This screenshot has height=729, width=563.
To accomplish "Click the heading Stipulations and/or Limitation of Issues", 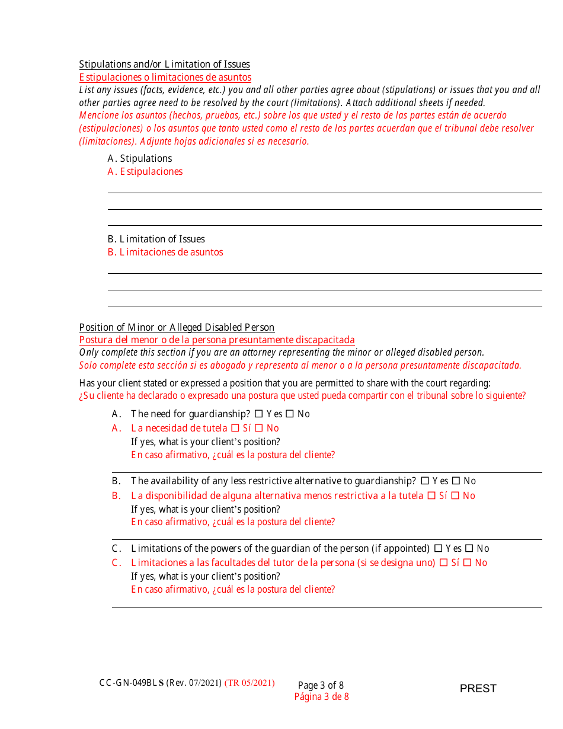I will pyautogui.click(x=164, y=64).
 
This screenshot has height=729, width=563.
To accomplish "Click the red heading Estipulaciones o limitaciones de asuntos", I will pyautogui.click(x=165, y=77).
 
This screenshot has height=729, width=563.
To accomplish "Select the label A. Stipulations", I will pyautogui.click(x=140, y=158).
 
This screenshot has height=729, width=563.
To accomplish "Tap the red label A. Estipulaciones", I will pyautogui.click(x=145, y=171).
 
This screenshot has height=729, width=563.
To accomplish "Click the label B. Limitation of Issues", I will pyautogui.click(x=156, y=239).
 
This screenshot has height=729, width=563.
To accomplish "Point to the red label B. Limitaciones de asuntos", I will pyautogui.click(x=165, y=252).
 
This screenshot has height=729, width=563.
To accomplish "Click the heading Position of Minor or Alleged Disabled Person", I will pyautogui.click(x=177, y=327).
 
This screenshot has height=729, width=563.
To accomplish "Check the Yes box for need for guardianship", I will pyautogui.click(x=258, y=414).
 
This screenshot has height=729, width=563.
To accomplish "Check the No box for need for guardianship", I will pyautogui.click(x=290, y=414).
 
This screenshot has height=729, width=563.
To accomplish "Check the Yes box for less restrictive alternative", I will pyautogui.click(x=424, y=481).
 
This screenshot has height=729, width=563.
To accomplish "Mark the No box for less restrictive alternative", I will pyautogui.click(x=456, y=481).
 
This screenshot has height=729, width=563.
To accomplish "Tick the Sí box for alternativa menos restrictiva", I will pyautogui.click(x=431, y=495).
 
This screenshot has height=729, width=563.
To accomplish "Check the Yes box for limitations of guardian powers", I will pyautogui.click(x=438, y=548).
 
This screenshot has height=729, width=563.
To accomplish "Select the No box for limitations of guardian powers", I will pyautogui.click(x=469, y=548).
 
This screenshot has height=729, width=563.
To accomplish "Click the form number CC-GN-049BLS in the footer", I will pyautogui.click(x=132, y=683).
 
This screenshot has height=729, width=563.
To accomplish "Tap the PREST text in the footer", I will pyautogui.click(x=478, y=688).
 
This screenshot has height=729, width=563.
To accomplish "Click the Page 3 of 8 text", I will pyautogui.click(x=321, y=685).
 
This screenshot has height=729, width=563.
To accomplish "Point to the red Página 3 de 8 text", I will pyautogui.click(x=321, y=697).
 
